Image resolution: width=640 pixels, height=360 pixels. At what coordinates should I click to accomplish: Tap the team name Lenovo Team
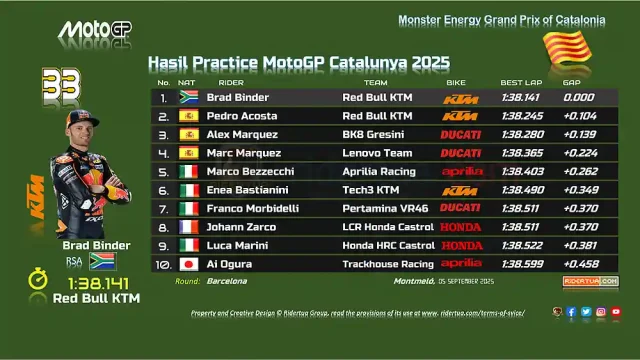[x=372, y=153]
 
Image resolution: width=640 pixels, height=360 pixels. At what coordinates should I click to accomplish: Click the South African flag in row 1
[x=188, y=98]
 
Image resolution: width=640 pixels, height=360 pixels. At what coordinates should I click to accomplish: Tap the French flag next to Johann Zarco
[x=188, y=226]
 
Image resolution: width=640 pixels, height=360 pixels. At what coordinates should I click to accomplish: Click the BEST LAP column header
[x=521, y=82]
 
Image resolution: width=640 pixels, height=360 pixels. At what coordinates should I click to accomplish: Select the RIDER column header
[x=231, y=82]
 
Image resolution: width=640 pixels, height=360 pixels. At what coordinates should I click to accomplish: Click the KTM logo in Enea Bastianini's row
[x=461, y=190]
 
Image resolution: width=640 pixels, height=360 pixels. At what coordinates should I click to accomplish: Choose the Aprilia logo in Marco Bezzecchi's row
[x=461, y=171]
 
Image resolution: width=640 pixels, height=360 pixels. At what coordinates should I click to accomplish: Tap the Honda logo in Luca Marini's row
[x=461, y=244]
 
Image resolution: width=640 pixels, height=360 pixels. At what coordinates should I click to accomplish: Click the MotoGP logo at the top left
[x=94, y=31]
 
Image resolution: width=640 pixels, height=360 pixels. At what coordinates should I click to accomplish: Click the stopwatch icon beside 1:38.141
[x=37, y=281]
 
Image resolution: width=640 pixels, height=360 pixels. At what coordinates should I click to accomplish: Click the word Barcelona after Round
[x=227, y=282]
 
